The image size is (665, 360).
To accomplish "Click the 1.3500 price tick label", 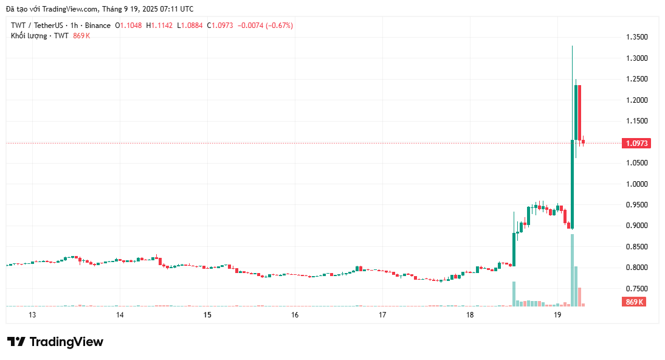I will pyautogui.click(x=637, y=37).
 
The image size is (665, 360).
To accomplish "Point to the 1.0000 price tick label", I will pyautogui.click(x=637, y=184).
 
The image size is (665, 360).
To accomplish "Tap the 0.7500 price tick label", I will pyautogui.click(x=637, y=288).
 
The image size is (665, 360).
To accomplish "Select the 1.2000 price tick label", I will pyautogui.click(x=637, y=100).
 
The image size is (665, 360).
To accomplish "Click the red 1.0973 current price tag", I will pyautogui.click(x=637, y=144).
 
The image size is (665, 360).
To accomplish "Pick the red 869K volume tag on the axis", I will pyautogui.click(x=635, y=302).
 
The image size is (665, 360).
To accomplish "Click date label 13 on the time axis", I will pyautogui.click(x=32, y=315).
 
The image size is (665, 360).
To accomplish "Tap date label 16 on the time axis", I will pyautogui.click(x=295, y=315).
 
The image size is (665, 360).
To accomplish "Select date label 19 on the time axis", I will pyautogui.click(x=557, y=315).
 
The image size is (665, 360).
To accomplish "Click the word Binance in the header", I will pyautogui.click(x=97, y=26).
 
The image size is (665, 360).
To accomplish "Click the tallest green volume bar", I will pyautogui.click(x=572, y=270).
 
